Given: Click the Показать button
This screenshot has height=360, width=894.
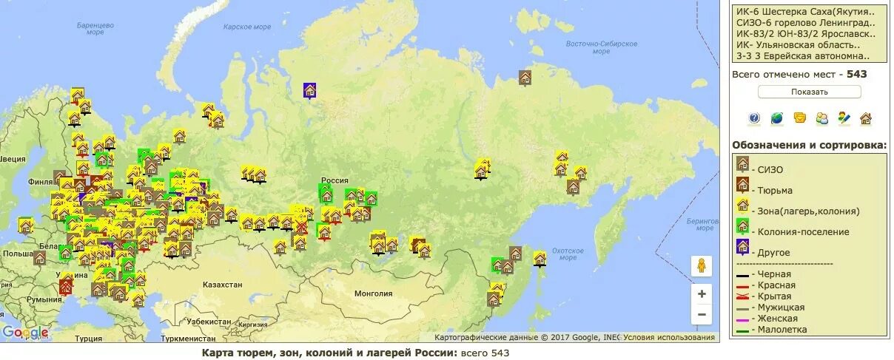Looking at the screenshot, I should (809, 92).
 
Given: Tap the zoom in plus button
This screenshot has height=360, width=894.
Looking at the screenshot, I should (702, 293).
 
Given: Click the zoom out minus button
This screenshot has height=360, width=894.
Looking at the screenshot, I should (702, 314).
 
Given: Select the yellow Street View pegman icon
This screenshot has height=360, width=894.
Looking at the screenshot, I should (702, 265).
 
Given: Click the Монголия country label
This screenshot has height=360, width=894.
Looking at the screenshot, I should (374, 293).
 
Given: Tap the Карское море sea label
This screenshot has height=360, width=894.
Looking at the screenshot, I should (248, 27).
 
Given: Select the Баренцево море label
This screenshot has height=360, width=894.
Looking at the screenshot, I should (95, 29).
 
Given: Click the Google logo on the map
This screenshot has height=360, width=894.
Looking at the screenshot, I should (25, 333).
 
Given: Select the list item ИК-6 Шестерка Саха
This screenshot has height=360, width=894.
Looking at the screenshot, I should (801, 12).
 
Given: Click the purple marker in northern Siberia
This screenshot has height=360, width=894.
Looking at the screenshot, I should (310, 91).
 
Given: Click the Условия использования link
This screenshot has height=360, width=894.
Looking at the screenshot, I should (669, 338).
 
